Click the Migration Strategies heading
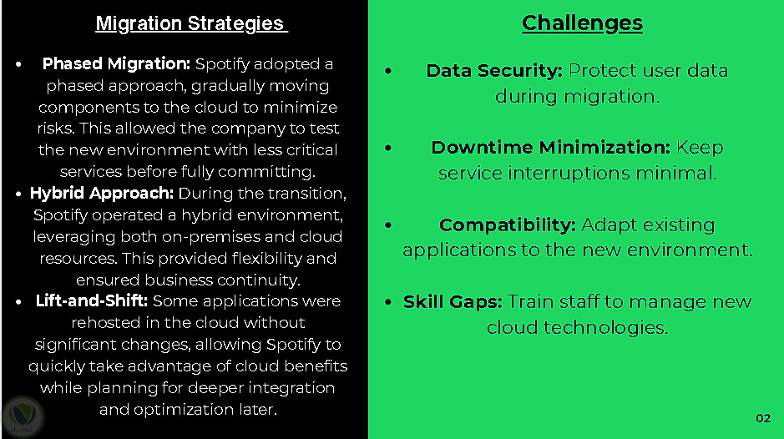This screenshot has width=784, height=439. (191, 23)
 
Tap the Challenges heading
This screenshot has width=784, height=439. (582, 23)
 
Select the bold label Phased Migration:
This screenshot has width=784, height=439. (116, 64)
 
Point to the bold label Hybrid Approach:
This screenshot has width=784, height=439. (102, 193)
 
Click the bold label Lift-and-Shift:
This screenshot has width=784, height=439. (92, 300)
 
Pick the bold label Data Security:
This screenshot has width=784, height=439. (494, 70)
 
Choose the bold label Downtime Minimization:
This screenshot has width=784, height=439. (550, 148)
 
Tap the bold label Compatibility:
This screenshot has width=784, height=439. (508, 225)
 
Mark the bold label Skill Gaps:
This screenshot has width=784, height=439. (453, 302)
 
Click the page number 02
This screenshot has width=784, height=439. (763, 418)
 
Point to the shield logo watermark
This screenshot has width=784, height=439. (23, 416)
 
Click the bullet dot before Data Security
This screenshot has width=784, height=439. (388, 71)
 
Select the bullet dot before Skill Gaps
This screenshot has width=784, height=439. (388, 302)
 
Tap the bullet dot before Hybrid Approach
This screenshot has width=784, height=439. (18, 194)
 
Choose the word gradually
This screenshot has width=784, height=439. (227, 86)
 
